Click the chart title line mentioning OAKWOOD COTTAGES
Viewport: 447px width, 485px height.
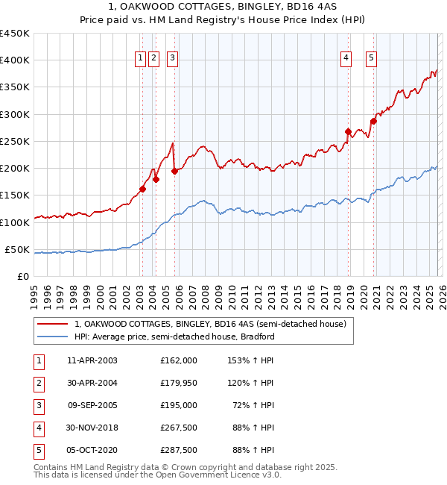tap(223, 7)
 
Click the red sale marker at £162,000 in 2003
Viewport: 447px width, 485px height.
tap(142, 189)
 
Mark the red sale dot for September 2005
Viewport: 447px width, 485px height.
tap(174, 171)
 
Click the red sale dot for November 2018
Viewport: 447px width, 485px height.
tap(348, 132)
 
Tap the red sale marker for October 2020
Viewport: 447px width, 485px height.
tap(373, 122)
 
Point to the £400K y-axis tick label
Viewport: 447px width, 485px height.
tap(15, 60)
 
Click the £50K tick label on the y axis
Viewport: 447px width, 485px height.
tap(18, 249)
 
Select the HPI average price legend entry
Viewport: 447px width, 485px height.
tap(174, 337)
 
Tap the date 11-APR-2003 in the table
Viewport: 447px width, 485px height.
tap(92, 360)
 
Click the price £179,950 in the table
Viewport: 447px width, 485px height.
tap(178, 383)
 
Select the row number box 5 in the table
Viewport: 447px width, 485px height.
tap(38, 450)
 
